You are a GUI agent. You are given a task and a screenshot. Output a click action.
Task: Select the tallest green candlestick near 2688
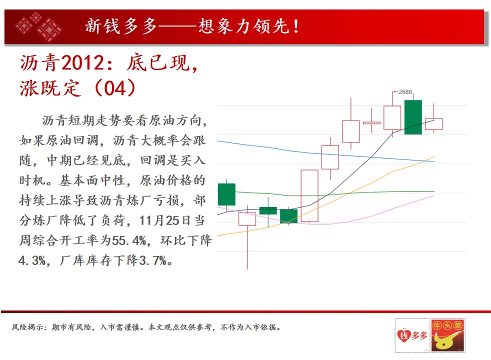[413, 117]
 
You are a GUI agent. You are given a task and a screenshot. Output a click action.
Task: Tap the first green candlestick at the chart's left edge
[226, 194]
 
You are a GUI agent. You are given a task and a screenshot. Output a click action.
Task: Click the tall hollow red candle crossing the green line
[309, 196]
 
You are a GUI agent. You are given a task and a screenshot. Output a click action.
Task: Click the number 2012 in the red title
[82, 63]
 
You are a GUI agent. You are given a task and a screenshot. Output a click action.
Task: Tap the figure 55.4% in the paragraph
[128, 240]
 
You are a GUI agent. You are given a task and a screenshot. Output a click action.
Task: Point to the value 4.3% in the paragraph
[32, 260]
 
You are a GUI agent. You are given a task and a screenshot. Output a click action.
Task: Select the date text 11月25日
[164, 220]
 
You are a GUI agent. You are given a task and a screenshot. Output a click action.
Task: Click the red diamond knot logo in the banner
[39, 26]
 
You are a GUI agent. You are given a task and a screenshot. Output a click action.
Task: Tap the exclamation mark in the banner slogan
[295, 26]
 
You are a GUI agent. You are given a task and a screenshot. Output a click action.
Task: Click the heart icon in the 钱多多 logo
[403, 335]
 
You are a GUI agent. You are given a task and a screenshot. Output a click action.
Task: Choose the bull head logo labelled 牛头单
[447, 335]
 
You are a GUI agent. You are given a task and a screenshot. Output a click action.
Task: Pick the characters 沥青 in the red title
[40, 63]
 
